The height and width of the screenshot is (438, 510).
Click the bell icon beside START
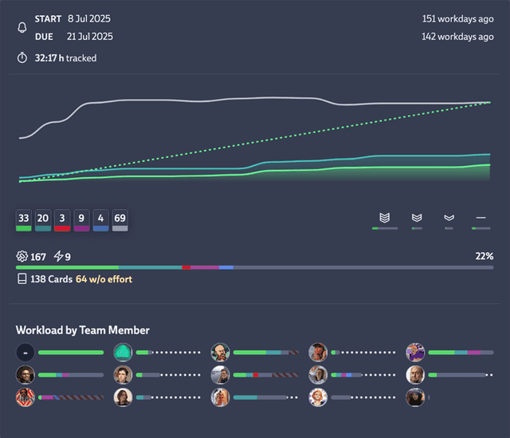pos(22,27)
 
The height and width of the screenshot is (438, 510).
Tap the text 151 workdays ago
pos(457,18)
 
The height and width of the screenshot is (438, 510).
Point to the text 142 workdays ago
pos(457,36)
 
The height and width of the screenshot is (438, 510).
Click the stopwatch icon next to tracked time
pos(22,57)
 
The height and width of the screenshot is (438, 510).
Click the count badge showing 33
pos(23,217)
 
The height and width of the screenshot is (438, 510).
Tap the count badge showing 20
pos(42,217)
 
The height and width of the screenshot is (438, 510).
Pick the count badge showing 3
pos(62,217)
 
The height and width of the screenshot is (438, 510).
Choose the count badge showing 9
pos(81,217)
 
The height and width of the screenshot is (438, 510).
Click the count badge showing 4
pos(100,217)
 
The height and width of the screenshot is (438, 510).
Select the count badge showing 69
pos(120,217)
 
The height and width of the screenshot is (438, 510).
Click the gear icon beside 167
pos(22,256)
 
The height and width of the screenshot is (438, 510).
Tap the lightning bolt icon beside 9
pos(57,256)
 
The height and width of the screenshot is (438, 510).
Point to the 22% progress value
pos(484,256)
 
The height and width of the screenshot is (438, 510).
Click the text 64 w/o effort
pos(104,279)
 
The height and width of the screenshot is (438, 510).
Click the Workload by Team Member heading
pos(83,330)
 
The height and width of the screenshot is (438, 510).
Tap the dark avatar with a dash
pos(25,352)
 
